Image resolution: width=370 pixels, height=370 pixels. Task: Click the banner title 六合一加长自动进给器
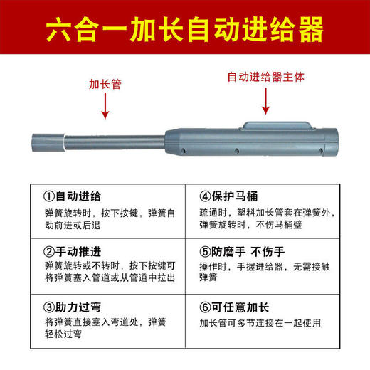[185, 30]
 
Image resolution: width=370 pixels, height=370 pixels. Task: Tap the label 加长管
[105, 83]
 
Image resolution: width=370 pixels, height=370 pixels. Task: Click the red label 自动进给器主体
[265, 76]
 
